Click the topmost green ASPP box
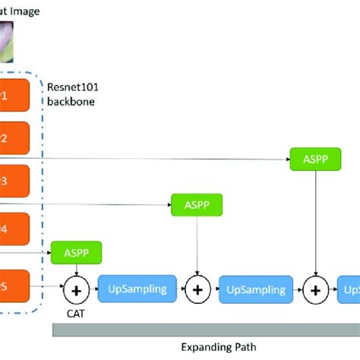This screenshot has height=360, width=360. click(315, 159)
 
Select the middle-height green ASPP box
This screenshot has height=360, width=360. click(197, 204)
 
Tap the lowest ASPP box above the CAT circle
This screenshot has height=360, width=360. click(76, 251)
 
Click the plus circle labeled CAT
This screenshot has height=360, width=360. click(76, 289)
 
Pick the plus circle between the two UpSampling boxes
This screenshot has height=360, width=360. click(197, 289)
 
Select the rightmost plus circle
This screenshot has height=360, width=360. click(316, 289)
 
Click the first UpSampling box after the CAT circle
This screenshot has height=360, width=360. click(137, 289)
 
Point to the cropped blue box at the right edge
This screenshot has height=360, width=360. click(351, 289)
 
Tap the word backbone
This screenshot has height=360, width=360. click(71, 101)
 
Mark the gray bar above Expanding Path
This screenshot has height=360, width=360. click(205, 329)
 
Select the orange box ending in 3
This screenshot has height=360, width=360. click(14, 182)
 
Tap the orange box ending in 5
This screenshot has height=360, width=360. click(14, 288)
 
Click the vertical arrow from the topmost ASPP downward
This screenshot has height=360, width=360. click(316, 220)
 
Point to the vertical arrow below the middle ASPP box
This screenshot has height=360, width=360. click(197, 243)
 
